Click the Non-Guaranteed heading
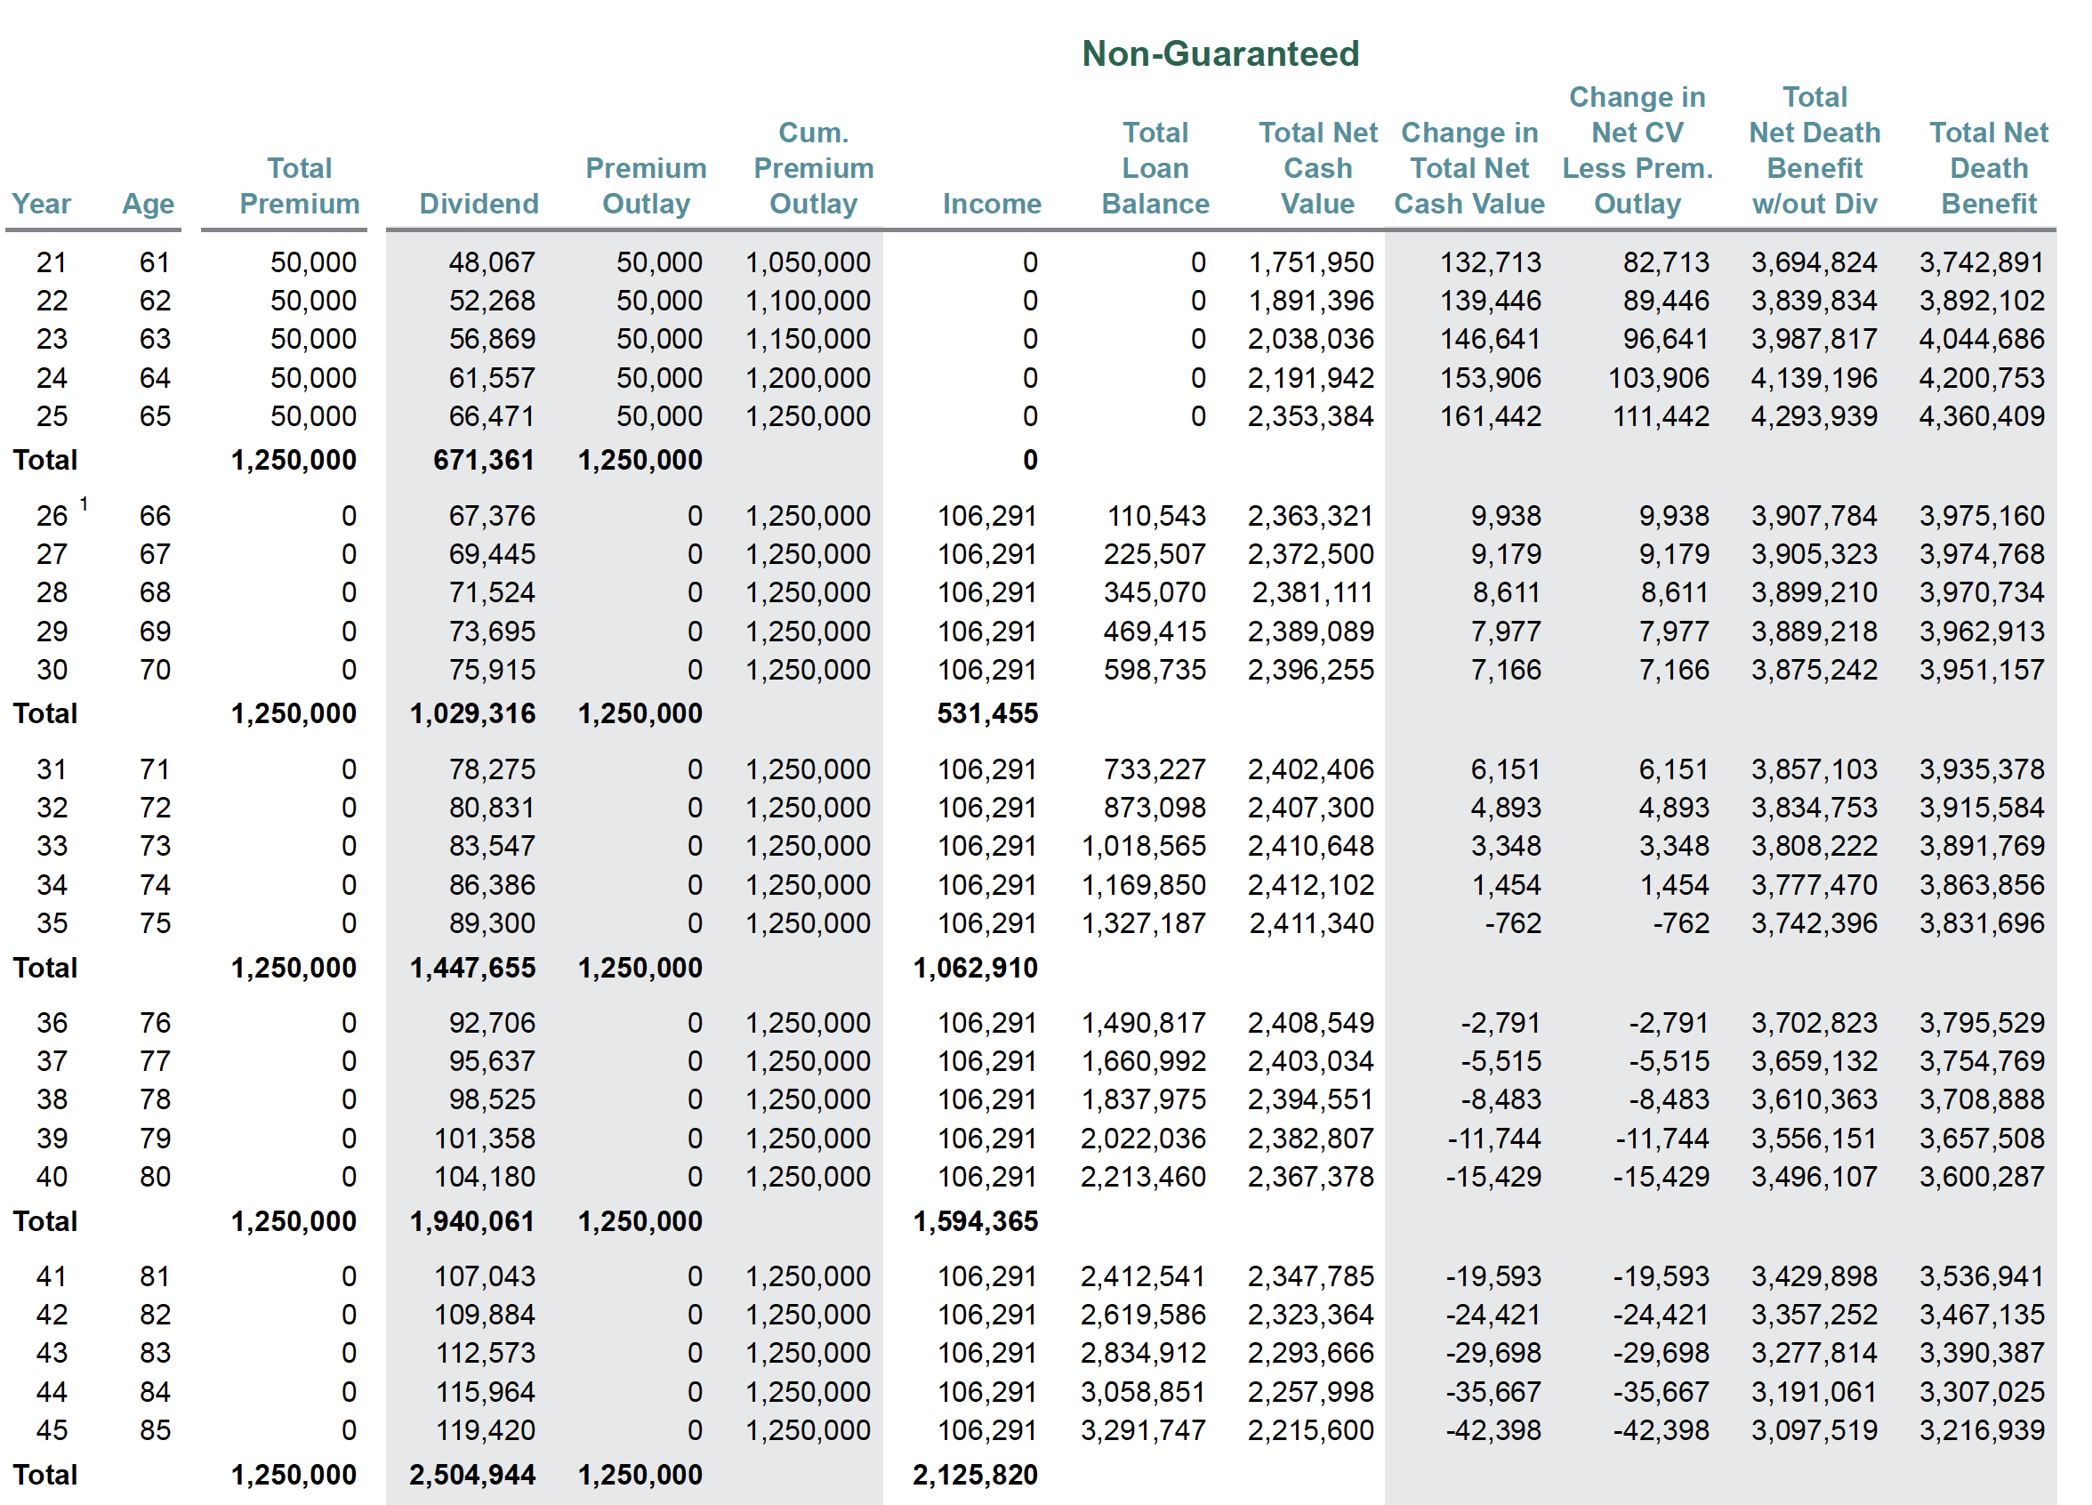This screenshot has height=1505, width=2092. coord(1219,53)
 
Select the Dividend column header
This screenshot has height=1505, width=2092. coord(479,204)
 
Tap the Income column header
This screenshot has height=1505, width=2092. coord(992,204)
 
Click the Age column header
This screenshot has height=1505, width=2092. coord(148,204)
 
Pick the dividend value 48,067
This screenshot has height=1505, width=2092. coord(492,262)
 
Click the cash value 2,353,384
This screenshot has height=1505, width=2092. coord(1310,417)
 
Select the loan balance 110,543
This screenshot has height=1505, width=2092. coord(1155,517)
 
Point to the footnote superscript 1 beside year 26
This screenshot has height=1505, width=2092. coord(84,504)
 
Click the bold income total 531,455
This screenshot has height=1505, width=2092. coord(987,713)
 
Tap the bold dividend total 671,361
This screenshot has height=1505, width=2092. coord(483,460)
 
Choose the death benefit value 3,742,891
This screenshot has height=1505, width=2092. coord(1982,262)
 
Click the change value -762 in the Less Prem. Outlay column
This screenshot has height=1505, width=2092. coord(1679,924)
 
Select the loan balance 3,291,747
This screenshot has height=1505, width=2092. coord(1143,1430)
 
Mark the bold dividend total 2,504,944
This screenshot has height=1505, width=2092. coord(471,1476)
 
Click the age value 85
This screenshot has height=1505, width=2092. coord(155,1430)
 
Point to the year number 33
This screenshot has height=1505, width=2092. coord(52,847)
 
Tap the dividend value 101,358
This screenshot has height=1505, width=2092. coord(484,1139)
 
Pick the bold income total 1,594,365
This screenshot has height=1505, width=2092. coord(975,1222)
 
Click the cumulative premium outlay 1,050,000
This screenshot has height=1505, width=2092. coord(807,262)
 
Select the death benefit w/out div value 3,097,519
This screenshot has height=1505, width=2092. coord(1814,1430)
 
